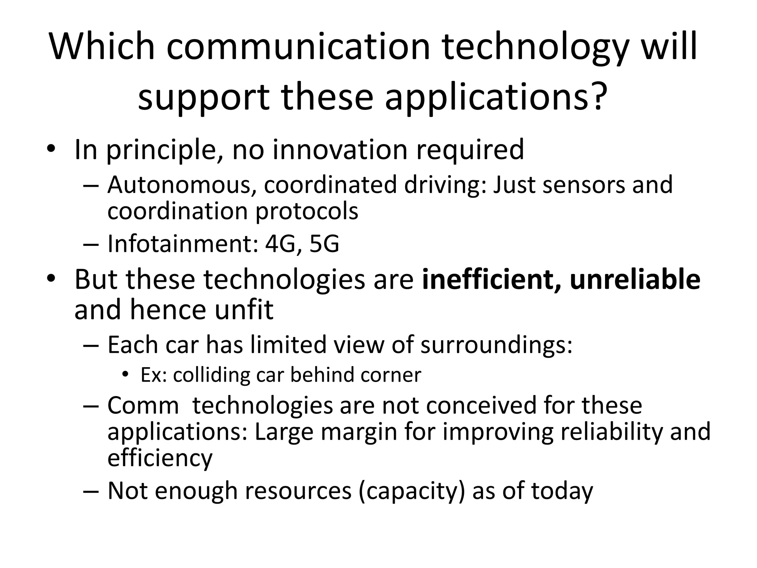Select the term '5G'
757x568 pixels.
point(324,244)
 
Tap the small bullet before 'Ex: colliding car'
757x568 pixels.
point(126,374)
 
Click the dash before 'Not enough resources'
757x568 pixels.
point(91,491)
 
